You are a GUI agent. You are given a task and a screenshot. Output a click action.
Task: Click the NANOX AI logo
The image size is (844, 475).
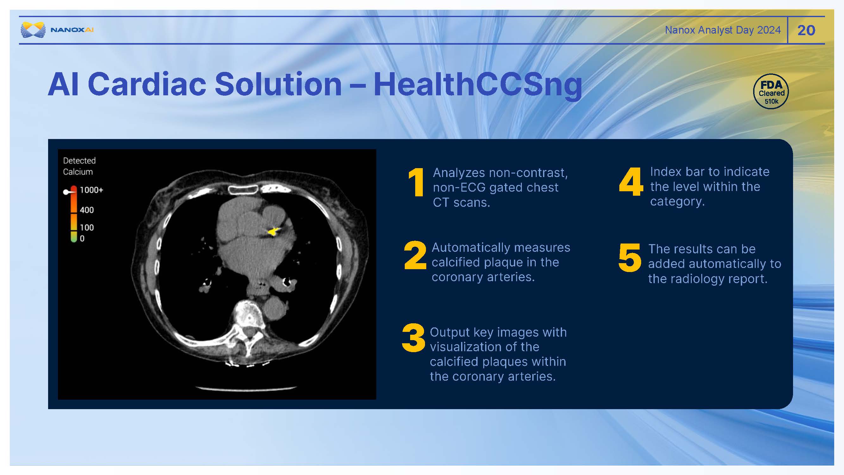point(57,30)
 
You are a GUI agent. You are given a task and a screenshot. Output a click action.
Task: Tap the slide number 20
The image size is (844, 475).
point(806,30)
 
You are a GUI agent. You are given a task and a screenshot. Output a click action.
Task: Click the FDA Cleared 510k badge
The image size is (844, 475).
point(771,92)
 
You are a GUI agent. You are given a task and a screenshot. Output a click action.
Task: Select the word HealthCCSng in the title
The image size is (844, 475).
point(478,84)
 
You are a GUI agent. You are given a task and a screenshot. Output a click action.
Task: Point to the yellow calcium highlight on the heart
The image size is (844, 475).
point(272,231)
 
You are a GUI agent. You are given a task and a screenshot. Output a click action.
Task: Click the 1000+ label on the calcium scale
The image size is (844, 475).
point(91,190)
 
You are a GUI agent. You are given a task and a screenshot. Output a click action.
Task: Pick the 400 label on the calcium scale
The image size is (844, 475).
point(87,210)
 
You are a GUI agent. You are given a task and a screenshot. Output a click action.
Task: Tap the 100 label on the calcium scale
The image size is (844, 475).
point(87,227)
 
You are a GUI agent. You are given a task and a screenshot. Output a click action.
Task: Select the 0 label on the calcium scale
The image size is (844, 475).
point(82,239)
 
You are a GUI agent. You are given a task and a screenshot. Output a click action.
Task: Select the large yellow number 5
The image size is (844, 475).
point(629,258)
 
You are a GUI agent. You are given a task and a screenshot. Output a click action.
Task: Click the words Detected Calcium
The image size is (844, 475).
point(79,166)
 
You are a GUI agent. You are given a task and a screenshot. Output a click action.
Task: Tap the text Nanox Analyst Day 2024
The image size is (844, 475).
point(723,30)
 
